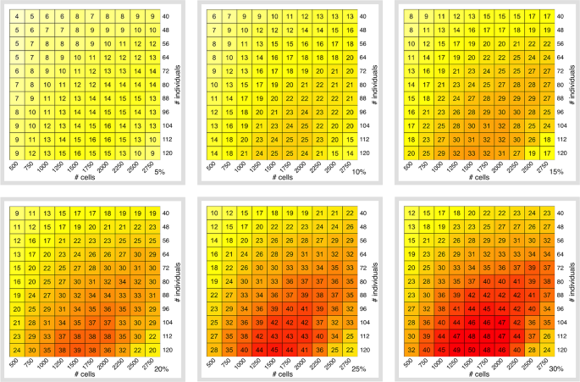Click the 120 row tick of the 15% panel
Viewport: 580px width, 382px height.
pyautogui.click(x=558, y=152)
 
